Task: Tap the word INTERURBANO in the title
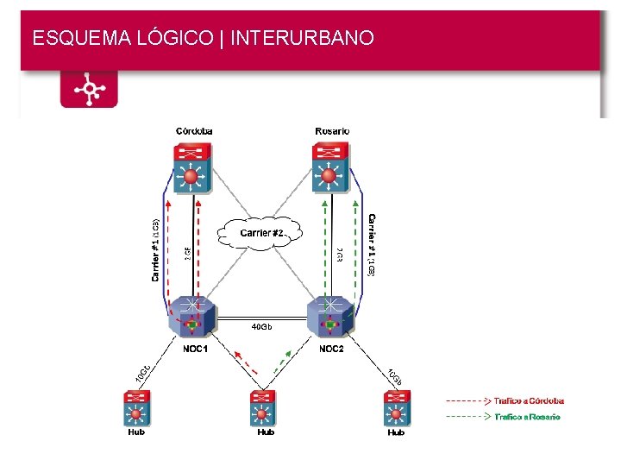(x=302, y=38)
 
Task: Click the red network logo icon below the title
(x=88, y=89)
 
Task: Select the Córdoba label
(x=194, y=131)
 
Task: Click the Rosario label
(x=332, y=131)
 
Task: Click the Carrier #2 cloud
(x=260, y=232)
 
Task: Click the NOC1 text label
(x=195, y=349)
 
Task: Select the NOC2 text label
(x=331, y=349)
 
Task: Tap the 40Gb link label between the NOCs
(x=261, y=327)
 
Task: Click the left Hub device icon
(x=135, y=408)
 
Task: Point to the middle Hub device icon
(x=263, y=408)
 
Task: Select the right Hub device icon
(x=396, y=408)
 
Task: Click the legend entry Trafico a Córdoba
(x=528, y=400)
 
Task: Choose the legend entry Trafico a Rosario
(x=526, y=416)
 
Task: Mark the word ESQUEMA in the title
(x=72, y=38)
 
